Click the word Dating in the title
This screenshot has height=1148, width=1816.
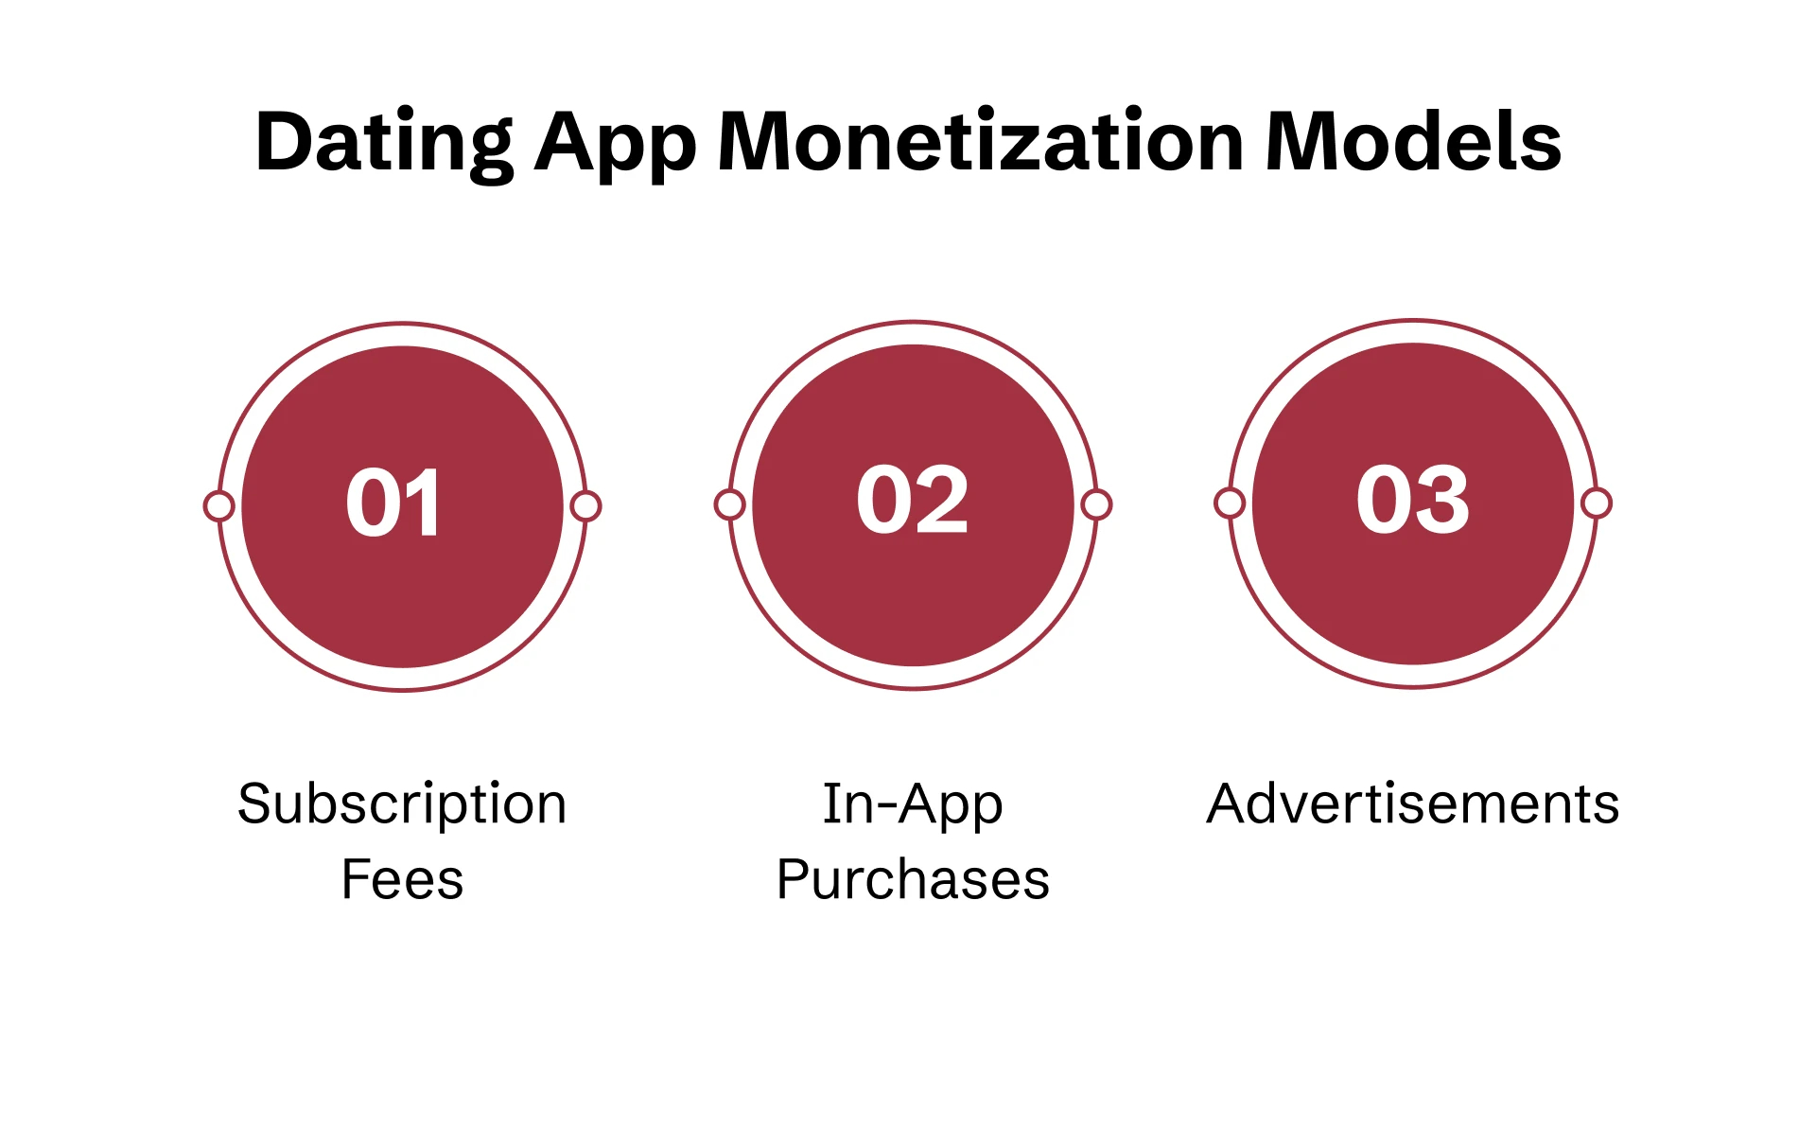[383, 142]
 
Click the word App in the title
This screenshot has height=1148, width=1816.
[615, 142]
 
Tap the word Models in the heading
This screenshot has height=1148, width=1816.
[1413, 142]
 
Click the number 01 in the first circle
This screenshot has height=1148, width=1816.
[393, 503]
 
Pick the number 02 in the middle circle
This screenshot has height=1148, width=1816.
[913, 501]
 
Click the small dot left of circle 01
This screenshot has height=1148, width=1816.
[219, 506]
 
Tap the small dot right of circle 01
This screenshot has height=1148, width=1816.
[585, 506]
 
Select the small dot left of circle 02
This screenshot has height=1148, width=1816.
[729, 504]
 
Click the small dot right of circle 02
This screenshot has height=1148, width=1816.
[1096, 504]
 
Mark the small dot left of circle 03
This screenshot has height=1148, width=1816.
[1230, 503]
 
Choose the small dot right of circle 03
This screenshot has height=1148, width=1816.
[1597, 503]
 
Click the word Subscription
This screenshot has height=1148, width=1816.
[402, 804]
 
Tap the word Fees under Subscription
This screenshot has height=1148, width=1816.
[402, 879]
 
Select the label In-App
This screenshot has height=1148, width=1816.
[913, 804]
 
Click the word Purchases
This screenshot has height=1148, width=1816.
[913, 879]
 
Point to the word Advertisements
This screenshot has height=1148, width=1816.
[1413, 804]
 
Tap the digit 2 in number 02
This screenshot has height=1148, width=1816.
[942, 501]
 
